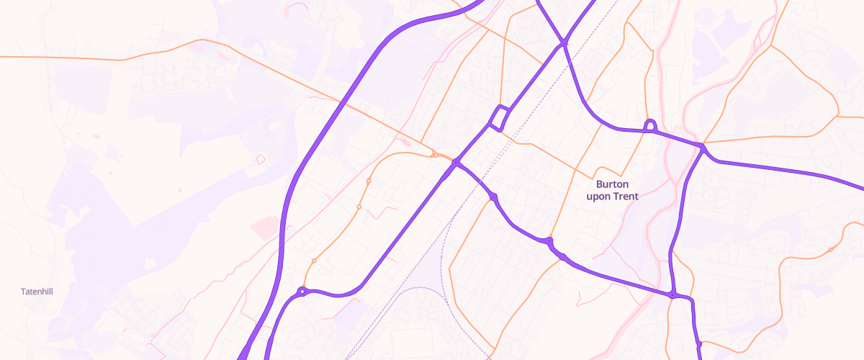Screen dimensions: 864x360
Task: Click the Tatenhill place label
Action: [37, 292]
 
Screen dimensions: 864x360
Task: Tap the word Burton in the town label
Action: [612, 184]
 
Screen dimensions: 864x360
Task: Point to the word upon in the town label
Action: [599, 196]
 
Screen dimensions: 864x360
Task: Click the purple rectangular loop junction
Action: [500, 118]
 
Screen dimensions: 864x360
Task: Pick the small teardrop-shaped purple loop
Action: [650, 126]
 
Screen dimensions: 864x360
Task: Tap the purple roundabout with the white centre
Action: [302, 292]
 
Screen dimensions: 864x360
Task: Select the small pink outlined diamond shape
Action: [261, 158]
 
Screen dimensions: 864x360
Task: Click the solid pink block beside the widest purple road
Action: [264, 228]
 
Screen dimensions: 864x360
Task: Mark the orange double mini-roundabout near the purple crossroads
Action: [436, 154]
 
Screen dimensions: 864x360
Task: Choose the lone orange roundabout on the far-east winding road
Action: [830, 250]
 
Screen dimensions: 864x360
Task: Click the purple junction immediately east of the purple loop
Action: [702, 148]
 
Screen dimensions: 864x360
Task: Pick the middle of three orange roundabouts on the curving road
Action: [359, 207]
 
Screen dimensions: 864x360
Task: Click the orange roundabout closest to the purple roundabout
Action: [314, 260]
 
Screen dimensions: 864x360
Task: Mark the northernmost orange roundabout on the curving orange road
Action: [368, 180]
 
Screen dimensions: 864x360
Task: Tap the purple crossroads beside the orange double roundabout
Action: [455, 164]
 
